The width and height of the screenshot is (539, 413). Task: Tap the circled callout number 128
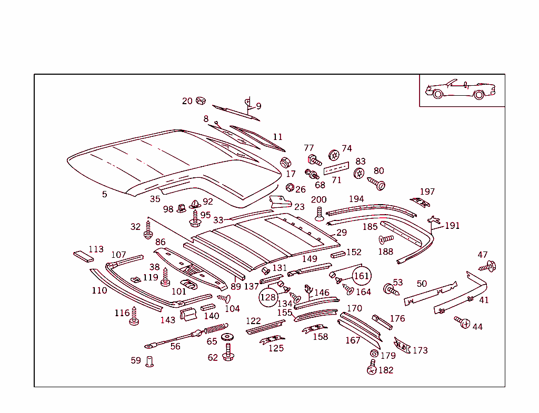(268, 297)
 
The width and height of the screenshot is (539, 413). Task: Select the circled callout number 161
(362, 276)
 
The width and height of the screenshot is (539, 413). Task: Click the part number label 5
(104, 195)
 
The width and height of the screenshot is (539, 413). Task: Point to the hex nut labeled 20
(201, 100)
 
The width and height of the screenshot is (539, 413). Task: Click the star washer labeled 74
(334, 155)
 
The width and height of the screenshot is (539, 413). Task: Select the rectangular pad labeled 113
(83, 256)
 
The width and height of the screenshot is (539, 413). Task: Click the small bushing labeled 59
(149, 361)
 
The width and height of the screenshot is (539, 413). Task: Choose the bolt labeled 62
(228, 352)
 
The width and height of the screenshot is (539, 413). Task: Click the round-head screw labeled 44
(462, 322)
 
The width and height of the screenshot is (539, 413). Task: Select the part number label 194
(356, 199)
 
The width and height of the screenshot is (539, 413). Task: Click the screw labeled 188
(386, 240)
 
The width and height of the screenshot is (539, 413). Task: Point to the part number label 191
(452, 226)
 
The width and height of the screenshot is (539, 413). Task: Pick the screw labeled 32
(148, 229)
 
